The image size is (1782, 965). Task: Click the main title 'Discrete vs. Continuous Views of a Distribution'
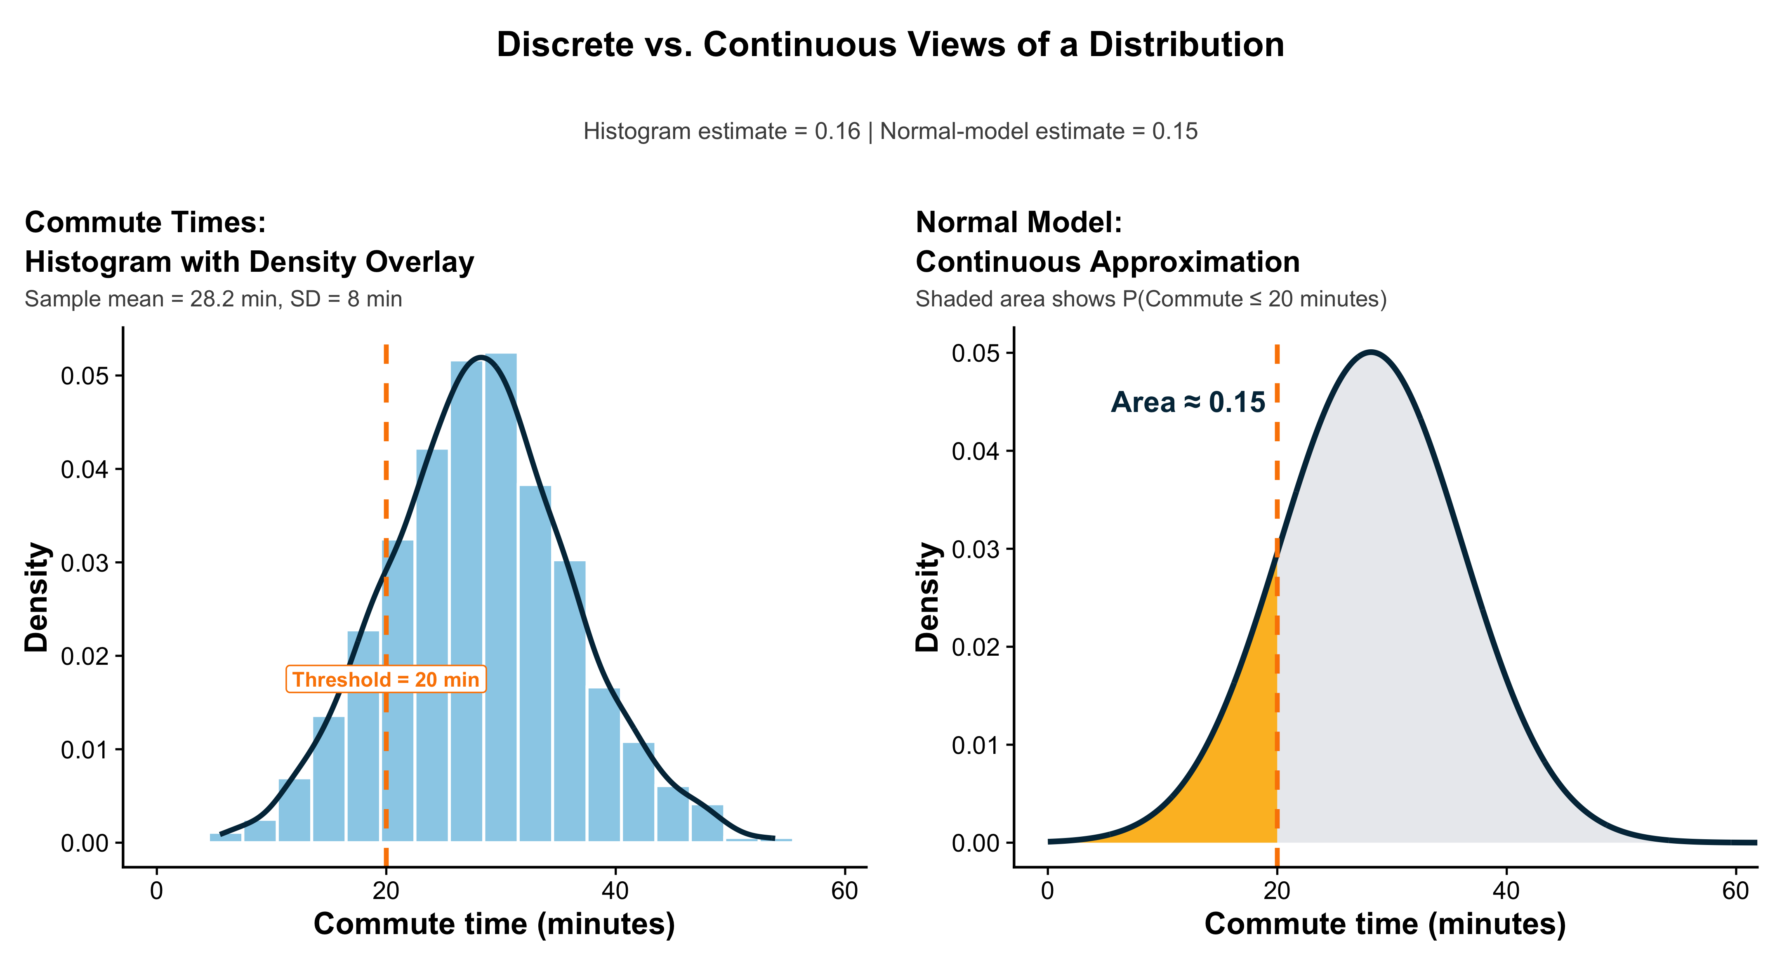tap(890, 45)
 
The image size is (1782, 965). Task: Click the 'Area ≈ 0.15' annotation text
tap(1188, 402)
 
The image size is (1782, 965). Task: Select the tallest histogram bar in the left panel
tap(501, 595)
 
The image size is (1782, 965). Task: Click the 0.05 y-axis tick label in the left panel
tap(85, 377)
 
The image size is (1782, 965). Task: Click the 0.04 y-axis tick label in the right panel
tap(976, 452)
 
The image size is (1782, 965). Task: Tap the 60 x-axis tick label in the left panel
tap(844, 891)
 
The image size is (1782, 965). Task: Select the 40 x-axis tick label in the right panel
tap(1506, 891)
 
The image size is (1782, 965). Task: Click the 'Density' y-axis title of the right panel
tap(928, 597)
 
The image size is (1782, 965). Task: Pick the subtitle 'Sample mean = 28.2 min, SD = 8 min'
tap(213, 299)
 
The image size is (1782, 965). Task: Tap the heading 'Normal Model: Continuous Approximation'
tap(1107, 242)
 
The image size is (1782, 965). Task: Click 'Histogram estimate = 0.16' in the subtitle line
tap(721, 132)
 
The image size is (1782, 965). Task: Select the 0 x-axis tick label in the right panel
tap(1047, 891)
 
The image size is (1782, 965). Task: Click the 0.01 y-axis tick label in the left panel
tap(85, 750)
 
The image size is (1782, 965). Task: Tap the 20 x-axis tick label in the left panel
tap(386, 891)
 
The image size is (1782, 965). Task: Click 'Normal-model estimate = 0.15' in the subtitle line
tap(1038, 132)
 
